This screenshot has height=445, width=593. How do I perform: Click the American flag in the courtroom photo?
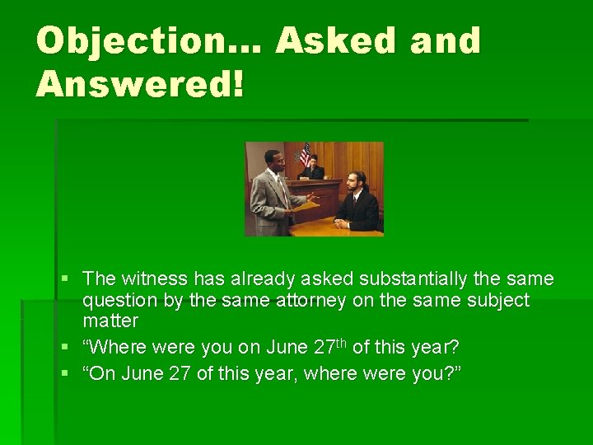pyautogui.click(x=305, y=154)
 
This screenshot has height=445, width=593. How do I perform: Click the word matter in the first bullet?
pyautogui.click(x=110, y=320)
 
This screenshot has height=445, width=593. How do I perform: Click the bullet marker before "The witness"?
pyautogui.click(x=64, y=280)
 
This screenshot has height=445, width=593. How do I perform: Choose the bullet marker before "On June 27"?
pyautogui.click(x=64, y=374)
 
